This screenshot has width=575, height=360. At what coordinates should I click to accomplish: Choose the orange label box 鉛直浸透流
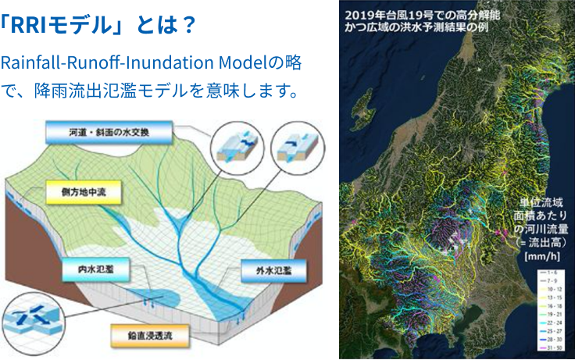[x=153, y=337]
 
